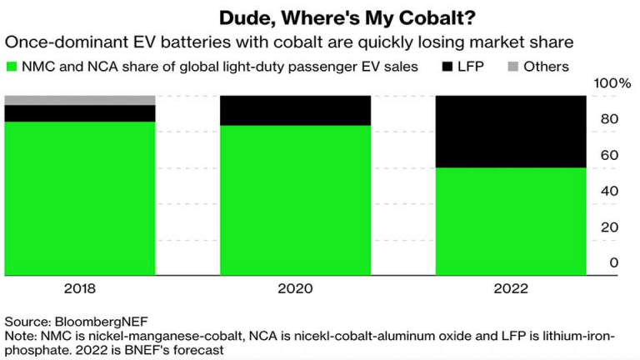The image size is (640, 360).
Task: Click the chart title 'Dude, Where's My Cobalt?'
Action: (320, 17)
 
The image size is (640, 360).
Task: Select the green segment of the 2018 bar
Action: (80, 198)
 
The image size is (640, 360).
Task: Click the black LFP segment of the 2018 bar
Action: (80, 113)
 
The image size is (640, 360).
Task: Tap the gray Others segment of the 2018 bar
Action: (80, 100)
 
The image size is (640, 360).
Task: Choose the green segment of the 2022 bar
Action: (512, 221)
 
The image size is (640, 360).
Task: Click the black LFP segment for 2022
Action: (512, 132)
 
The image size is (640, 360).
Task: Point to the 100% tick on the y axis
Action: (613, 83)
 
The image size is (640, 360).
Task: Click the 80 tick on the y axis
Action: (610, 119)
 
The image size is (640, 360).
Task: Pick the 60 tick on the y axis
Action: (610, 155)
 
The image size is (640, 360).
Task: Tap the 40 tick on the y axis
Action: (610, 191)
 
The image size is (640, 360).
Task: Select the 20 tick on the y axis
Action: (610, 227)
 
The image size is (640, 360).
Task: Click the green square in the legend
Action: (11, 67)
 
